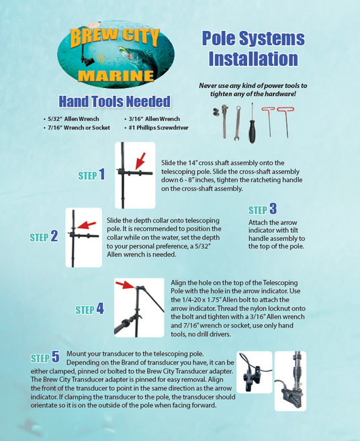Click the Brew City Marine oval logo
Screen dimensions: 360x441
coord(116,54)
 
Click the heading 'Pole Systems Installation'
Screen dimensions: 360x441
coord(253,48)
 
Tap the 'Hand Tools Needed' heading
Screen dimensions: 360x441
coord(115,101)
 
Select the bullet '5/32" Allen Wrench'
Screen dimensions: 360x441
coord(71,119)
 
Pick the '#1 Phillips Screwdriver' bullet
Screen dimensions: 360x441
coord(156,128)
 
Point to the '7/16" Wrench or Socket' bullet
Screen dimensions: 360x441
coord(77,128)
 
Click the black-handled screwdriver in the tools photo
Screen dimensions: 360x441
coord(252,124)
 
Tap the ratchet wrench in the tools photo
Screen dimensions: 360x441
coord(224,121)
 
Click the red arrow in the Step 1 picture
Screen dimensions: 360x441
coord(140,161)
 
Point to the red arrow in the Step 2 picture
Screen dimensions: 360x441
coord(87,225)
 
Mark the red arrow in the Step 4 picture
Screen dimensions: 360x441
coord(125,285)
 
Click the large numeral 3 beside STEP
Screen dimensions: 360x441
coord(273,209)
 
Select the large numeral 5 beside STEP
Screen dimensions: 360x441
coord(56,357)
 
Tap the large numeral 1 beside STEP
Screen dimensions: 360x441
coord(102,174)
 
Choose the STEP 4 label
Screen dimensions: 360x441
coord(90,309)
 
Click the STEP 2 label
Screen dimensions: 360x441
coord(44,236)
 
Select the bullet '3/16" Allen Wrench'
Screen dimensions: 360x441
coord(152,119)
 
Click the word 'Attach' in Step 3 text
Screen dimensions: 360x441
coord(257,222)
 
